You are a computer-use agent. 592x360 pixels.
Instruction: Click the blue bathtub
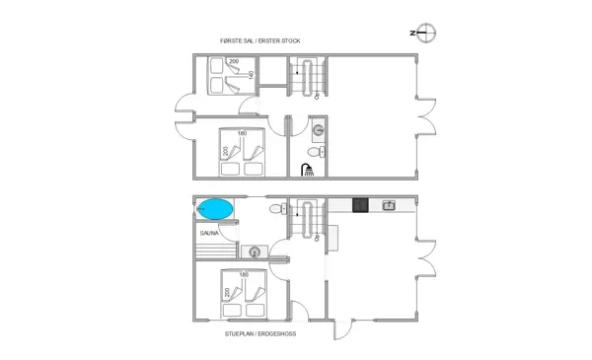point(215,209)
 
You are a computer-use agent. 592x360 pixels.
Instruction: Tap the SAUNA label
point(208,234)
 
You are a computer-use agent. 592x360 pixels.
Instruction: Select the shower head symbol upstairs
point(310,171)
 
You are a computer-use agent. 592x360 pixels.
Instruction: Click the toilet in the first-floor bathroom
point(315,152)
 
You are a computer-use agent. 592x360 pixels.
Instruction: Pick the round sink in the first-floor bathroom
point(318,131)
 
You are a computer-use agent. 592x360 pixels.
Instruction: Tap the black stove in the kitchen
point(360,206)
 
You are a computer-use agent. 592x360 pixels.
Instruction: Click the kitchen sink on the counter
point(390,206)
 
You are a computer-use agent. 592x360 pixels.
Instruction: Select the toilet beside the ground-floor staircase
point(284,208)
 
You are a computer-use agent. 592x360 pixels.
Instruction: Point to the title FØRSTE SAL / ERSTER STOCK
point(260,40)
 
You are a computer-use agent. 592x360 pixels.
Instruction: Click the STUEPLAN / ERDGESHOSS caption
point(260,334)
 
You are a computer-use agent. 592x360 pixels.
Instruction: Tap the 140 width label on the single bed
point(252,75)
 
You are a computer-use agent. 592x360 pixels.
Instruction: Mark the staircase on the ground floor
point(307,219)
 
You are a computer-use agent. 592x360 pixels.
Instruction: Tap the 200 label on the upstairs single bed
point(234,62)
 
